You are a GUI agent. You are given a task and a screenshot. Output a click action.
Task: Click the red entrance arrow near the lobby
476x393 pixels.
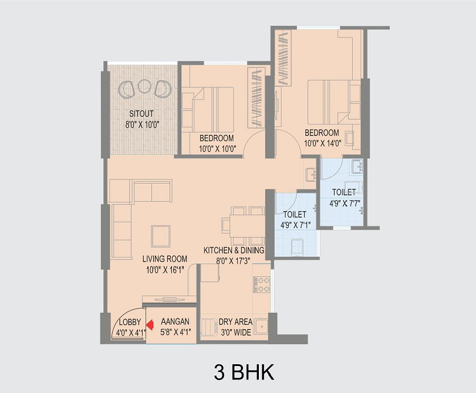150,325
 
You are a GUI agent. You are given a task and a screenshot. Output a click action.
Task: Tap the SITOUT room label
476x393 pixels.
141,114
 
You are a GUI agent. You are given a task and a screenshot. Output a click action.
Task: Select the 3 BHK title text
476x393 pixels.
244,372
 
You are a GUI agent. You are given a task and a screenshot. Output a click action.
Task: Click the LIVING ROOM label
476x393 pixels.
165,259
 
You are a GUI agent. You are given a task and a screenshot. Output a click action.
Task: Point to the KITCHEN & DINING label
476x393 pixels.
234,250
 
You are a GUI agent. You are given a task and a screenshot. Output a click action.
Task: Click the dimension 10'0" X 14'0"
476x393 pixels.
323,143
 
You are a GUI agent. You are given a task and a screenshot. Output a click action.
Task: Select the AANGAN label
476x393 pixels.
175,321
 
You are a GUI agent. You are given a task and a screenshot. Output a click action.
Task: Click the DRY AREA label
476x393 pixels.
235,321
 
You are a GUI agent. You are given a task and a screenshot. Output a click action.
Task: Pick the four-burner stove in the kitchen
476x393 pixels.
261,284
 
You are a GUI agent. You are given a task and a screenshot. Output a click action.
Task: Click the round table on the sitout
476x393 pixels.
144,86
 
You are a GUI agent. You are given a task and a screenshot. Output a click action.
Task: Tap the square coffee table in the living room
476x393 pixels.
161,236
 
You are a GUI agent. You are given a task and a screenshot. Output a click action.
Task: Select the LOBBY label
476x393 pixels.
130,322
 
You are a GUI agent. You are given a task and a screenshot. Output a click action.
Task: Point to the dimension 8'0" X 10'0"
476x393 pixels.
143,124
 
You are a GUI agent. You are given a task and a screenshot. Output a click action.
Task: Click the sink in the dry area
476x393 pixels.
261,326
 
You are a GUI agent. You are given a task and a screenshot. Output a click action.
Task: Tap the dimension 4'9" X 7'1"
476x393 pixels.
295,225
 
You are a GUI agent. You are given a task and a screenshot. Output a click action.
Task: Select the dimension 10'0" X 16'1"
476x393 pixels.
165,270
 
